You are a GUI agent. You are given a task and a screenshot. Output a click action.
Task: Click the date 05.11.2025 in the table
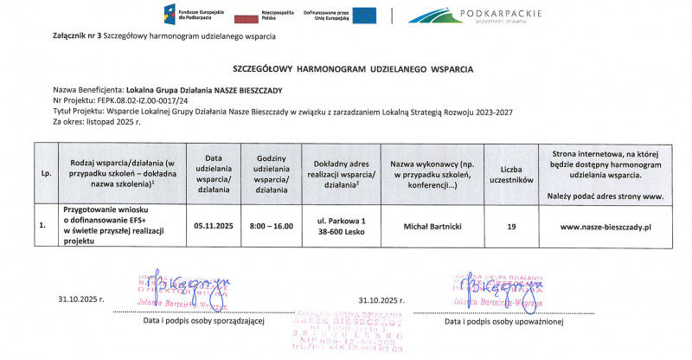214,225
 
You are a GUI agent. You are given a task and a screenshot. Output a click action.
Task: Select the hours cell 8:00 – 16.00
271,225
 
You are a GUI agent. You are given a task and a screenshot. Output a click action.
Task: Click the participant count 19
511,225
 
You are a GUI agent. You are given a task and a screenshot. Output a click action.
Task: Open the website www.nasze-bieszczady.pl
605,225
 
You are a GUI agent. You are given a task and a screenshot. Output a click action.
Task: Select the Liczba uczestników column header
511,173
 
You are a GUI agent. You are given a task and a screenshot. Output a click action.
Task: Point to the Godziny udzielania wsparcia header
271,173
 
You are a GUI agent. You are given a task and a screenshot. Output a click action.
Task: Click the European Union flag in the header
364,15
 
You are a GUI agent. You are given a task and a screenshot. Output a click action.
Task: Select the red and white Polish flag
249,16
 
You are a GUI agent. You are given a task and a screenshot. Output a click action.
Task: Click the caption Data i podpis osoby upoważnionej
504,322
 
